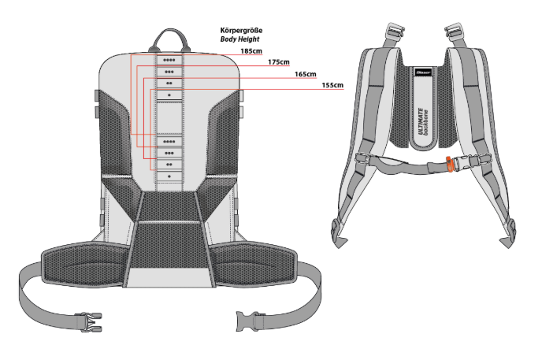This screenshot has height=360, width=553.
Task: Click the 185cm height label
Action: (252, 51)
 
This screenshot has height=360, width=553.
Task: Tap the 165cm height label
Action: (306, 74)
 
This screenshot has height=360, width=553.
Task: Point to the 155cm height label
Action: (332, 85)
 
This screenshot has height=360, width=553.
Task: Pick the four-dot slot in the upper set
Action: (169, 60)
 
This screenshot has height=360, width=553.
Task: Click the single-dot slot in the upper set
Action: (169, 95)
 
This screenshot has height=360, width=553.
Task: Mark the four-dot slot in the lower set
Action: (169, 142)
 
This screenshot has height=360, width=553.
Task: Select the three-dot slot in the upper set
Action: (169, 72)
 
